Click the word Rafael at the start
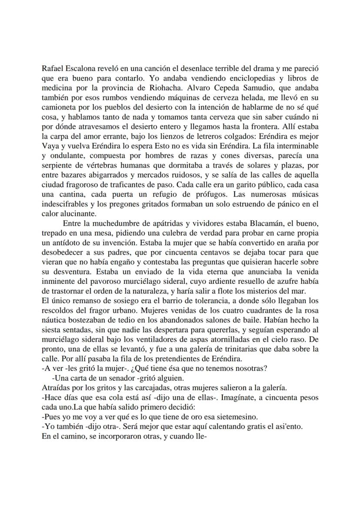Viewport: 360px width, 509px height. tap(53, 69)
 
